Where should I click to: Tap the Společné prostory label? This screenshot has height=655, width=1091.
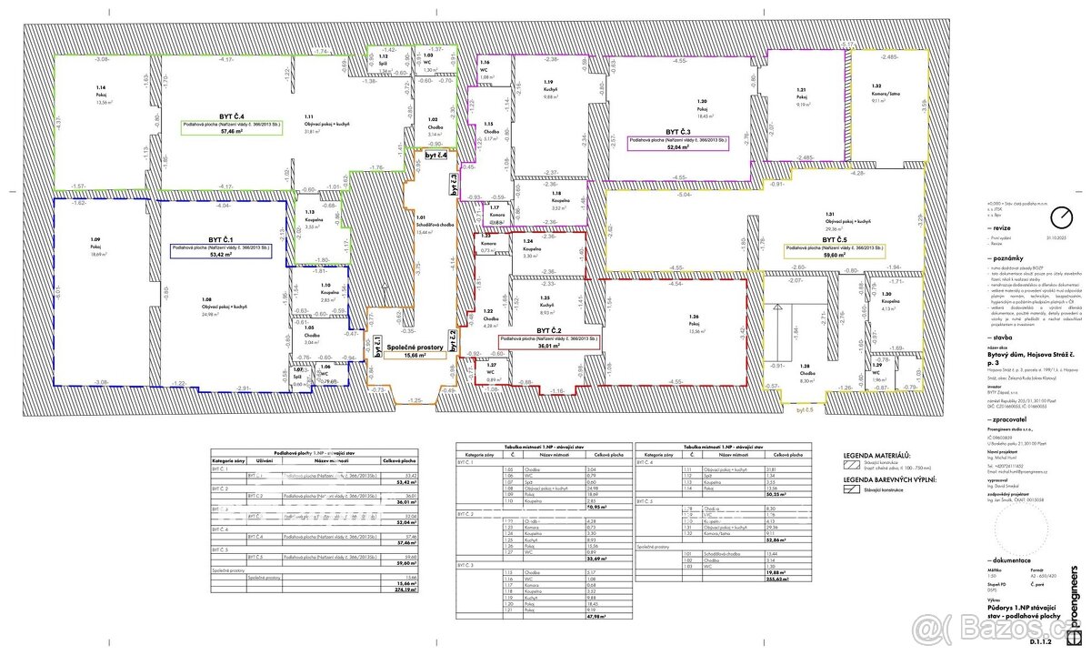(415, 347)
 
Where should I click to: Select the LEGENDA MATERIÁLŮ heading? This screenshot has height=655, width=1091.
(877, 454)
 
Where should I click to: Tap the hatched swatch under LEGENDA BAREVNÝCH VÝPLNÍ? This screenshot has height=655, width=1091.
(851, 489)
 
